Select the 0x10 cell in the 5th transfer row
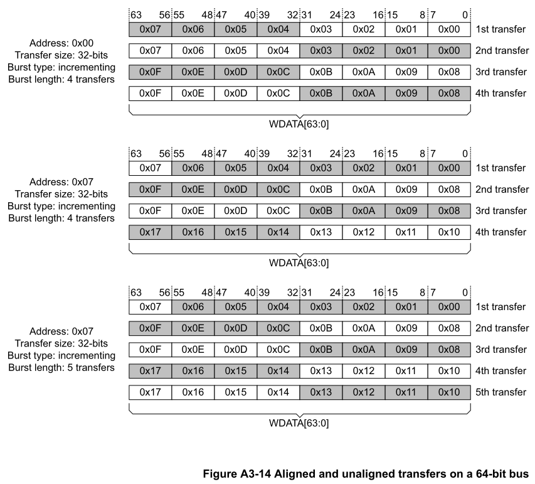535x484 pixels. pos(449,392)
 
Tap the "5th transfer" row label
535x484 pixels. pos(501,392)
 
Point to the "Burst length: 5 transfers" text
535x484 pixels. pos(61,367)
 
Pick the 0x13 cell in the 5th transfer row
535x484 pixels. pos(320,392)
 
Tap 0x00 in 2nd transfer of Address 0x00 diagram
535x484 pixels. pos(449,50)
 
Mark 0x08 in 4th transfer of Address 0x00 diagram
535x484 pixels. pos(449,94)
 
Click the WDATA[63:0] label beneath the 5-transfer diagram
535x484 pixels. pos(299,422)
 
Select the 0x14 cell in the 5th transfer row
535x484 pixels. pos(278,392)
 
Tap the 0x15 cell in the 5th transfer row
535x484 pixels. pos(235,392)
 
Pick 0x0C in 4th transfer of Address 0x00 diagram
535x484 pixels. pos(278,94)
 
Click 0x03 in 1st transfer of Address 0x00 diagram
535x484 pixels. pos(320,28)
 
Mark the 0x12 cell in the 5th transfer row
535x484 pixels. pos(363,392)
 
